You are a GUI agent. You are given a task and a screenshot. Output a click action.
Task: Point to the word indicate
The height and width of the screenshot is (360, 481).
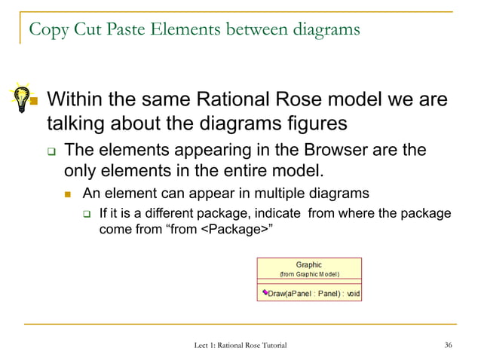pyautogui.click(x=275, y=213)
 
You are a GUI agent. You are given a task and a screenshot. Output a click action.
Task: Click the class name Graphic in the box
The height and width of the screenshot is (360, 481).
pyautogui.click(x=309, y=264)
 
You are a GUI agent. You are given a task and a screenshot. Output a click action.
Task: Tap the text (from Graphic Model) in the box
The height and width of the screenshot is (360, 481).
pyautogui.click(x=309, y=274)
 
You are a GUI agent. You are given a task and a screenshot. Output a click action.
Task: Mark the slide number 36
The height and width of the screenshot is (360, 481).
pyautogui.click(x=449, y=345)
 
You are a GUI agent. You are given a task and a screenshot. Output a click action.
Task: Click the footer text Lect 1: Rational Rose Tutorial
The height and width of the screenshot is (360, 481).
pyautogui.click(x=240, y=345)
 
